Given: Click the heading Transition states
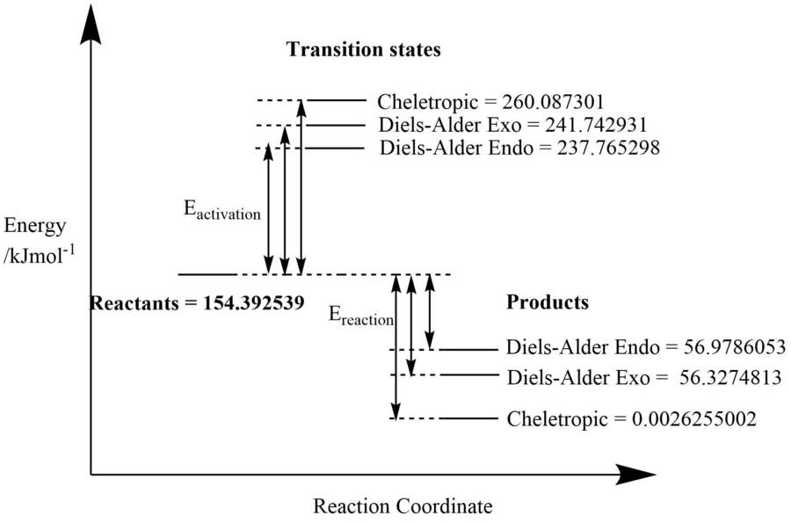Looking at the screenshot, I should tap(365, 49).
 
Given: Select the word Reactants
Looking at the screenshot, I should tap(131, 303).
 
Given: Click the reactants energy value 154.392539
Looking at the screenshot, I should tap(253, 303).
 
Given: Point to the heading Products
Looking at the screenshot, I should tap(547, 303).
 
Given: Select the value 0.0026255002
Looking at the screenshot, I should tap(695, 418).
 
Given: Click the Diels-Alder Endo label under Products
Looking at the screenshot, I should tap(582, 347).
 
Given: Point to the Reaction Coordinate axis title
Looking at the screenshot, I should tap(402, 506).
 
